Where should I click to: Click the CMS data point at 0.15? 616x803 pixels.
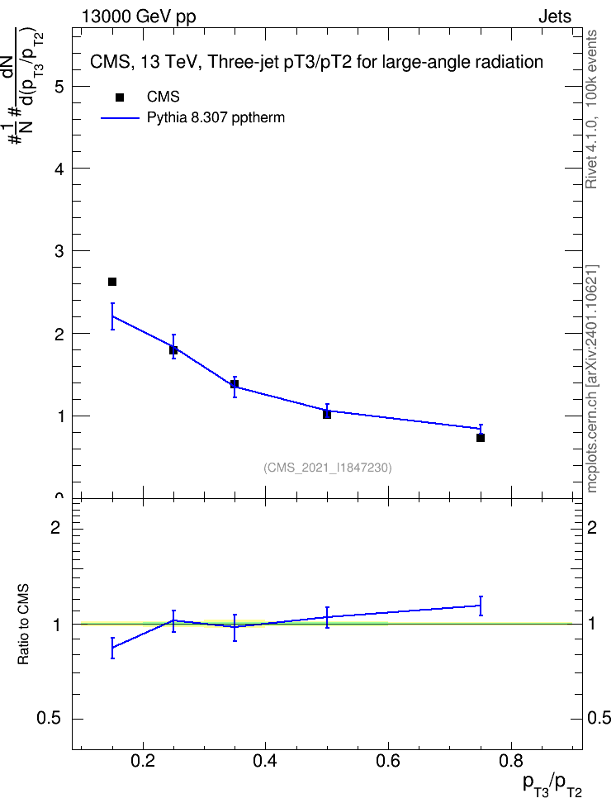click(112, 282)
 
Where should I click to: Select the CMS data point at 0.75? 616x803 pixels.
click(481, 438)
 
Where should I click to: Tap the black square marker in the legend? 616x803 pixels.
click(120, 97)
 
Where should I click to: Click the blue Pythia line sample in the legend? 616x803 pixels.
click(120, 118)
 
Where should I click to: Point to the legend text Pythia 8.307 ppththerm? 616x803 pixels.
click(216, 118)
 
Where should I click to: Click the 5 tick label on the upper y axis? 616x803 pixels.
click(59, 87)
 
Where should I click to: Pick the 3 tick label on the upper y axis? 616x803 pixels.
click(59, 251)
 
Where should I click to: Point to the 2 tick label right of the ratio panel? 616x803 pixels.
click(592, 527)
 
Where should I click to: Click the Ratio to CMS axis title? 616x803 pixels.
click(23, 625)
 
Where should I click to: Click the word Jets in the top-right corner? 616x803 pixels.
click(555, 17)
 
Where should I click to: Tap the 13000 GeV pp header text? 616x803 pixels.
click(138, 17)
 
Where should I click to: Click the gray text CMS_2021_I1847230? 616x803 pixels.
click(328, 468)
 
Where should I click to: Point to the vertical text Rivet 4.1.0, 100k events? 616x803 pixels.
click(591, 109)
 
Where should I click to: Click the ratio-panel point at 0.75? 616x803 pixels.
click(481, 606)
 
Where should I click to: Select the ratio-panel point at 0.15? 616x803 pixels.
click(112, 648)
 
